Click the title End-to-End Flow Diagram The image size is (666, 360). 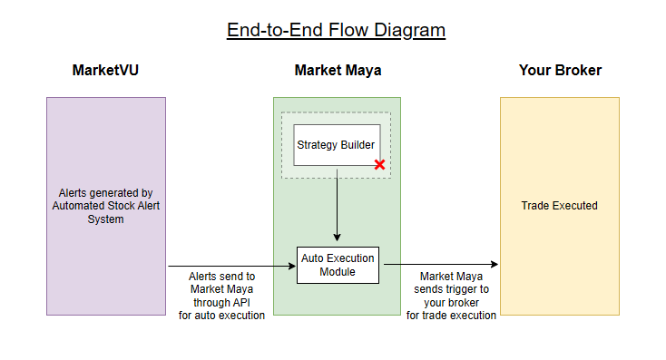click(x=336, y=30)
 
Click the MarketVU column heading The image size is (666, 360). click(x=106, y=71)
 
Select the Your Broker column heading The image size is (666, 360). click(x=560, y=71)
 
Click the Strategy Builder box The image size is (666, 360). click(x=337, y=145)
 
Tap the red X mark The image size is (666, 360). click(x=379, y=164)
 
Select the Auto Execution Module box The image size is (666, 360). click(x=337, y=265)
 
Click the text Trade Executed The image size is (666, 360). click(x=559, y=206)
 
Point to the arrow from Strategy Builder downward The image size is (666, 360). click(x=337, y=204)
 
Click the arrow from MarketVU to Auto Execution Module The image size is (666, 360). click(x=231, y=266)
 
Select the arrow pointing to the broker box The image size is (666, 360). click(x=440, y=265)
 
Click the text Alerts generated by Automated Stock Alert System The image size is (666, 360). click(x=105, y=206)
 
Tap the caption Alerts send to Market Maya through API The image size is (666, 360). click(x=221, y=296)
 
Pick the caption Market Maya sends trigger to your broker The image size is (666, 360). click(x=451, y=296)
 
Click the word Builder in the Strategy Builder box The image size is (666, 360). click(x=357, y=145)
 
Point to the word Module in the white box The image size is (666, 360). click(x=337, y=272)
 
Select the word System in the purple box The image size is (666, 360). click(x=105, y=219)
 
